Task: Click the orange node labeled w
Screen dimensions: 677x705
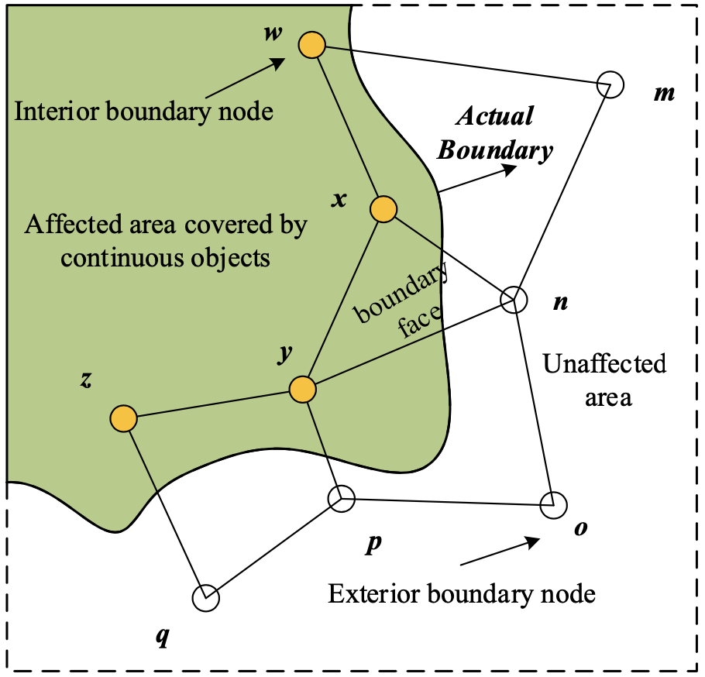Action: pyautogui.click(x=311, y=46)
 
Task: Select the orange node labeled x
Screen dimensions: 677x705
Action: pyautogui.click(x=383, y=209)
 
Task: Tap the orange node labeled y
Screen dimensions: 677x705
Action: pyautogui.click(x=303, y=389)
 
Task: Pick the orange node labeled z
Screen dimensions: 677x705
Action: pyautogui.click(x=123, y=418)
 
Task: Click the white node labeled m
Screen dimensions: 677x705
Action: pyautogui.click(x=610, y=84)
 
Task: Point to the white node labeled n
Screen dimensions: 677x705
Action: pyautogui.click(x=512, y=299)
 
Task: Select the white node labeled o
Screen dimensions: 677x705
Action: pyautogui.click(x=554, y=505)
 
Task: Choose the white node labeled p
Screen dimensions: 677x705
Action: pyautogui.click(x=341, y=500)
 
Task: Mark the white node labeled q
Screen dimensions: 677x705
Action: pyautogui.click(x=205, y=597)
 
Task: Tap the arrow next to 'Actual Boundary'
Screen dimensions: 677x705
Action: pyautogui.click(x=477, y=179)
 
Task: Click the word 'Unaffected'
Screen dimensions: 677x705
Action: pyautogui.click(x=605, y=364)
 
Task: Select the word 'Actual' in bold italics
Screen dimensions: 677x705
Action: pyautogui.click(x=494, y=117)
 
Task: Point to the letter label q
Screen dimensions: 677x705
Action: pyautogui.click(x=162, y=637)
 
